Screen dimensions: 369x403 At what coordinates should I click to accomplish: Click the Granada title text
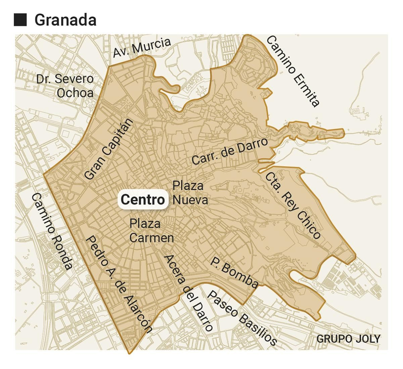(65, 20)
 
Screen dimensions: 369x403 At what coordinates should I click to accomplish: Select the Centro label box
(143, 199)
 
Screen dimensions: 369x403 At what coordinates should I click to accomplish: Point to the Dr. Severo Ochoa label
(65, 86)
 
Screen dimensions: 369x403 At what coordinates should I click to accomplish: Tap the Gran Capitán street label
(109, 149)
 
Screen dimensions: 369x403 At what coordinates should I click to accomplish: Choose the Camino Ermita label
(293, 71)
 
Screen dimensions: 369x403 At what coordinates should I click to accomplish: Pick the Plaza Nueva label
(190, 193)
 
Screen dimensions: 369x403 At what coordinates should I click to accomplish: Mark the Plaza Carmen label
(151, 231)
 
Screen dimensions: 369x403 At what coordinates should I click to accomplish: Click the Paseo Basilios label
(242, 318)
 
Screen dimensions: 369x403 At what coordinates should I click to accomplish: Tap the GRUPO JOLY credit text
(348, 339)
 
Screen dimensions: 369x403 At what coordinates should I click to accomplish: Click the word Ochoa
(75, 93)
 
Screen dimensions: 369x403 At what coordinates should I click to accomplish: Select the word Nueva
(190, 200)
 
